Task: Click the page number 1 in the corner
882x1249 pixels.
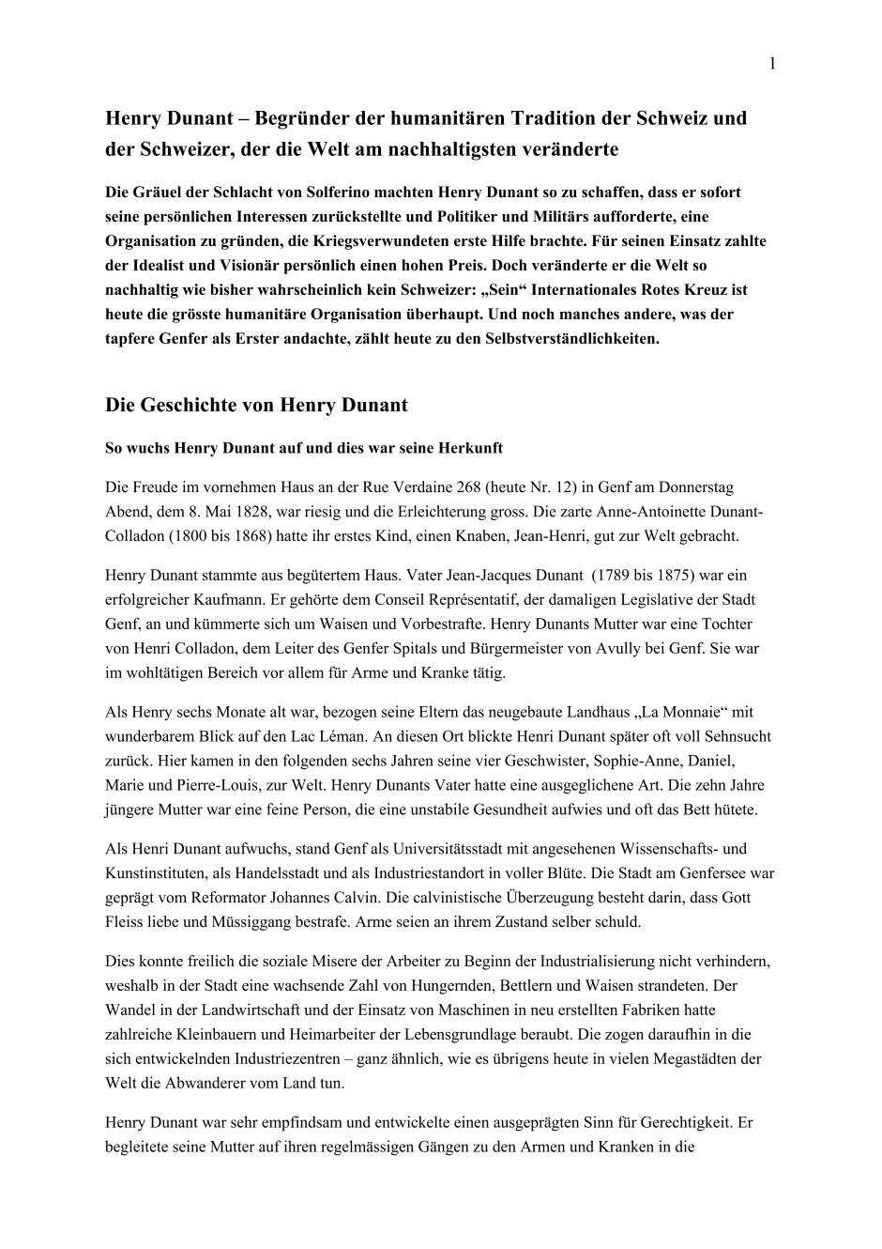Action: pyautogui.click(x=771, y=64)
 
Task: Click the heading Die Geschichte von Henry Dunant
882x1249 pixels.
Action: pyautogui.click(x=256, y=406)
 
